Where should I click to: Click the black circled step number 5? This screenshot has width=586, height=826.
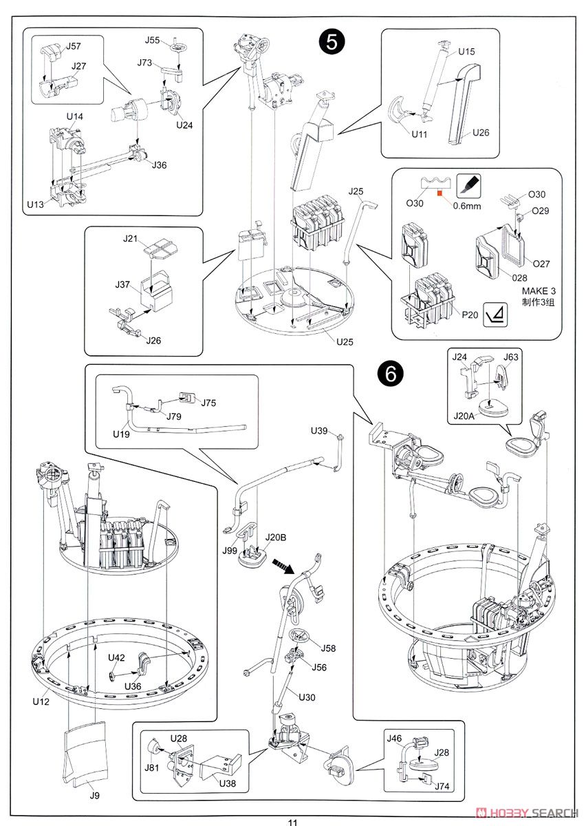coord(332,43)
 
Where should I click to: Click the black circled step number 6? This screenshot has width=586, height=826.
coord(390,373)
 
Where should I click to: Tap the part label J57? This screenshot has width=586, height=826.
coord(73,47)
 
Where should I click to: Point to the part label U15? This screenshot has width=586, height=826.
coord(466,52)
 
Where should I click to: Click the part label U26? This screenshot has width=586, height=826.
coord(481,132)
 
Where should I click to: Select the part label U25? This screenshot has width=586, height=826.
coord(345,341)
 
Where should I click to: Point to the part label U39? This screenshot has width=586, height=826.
coord(320,430)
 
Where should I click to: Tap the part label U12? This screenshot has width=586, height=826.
coord(41,702)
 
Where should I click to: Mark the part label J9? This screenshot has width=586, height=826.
coord(94,796)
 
